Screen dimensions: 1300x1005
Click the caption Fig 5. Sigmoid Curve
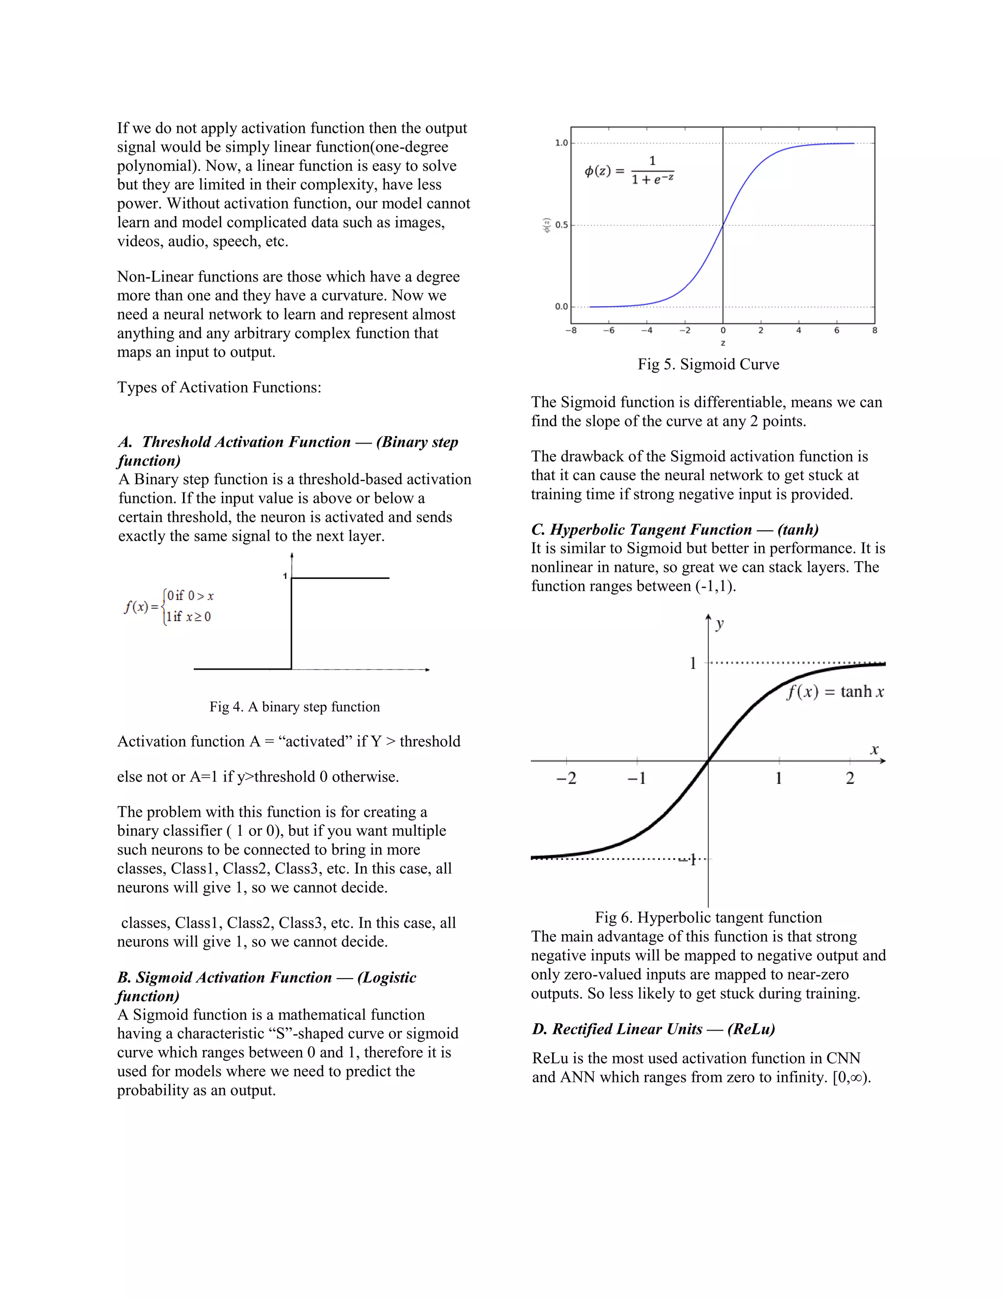point(708,364)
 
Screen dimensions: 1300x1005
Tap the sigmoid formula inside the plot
point(629,171)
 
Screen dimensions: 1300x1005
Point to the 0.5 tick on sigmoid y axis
point(561,225)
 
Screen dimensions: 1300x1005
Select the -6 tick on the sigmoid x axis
point(608,330)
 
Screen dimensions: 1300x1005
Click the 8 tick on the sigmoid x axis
point(874,330)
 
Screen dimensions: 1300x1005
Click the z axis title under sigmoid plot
point(723,343)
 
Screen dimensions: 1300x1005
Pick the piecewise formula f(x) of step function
point(168,606)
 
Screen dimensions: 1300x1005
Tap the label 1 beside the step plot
point(285,575)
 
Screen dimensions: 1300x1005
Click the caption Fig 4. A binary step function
point(294,706)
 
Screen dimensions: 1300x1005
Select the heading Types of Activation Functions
point(219,388)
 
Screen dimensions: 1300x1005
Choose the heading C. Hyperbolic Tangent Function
point(675,529)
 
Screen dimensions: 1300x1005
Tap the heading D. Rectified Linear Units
point(653,1029)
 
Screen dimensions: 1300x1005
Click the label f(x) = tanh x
point(835,692)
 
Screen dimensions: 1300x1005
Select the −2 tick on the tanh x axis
point(566,778)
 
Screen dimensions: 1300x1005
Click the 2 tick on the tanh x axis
point(849,778)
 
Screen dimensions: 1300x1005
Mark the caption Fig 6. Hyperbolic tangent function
point(708,917)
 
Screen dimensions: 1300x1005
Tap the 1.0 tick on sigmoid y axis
point(561,143)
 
